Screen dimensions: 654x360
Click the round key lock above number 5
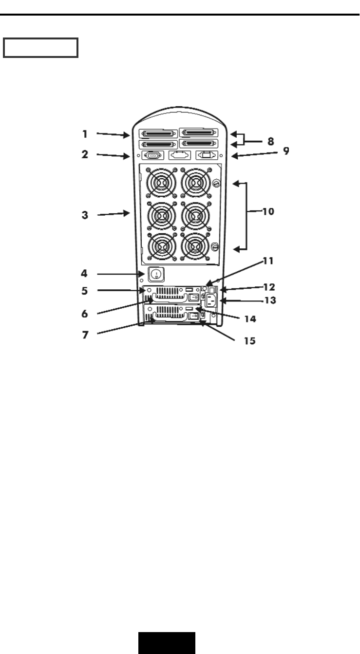pyautogui.click(x=154, y=274)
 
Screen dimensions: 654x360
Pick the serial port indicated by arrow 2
pyautogui.click(x=152, y=156)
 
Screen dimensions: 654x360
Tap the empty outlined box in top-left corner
pyautogui.click(x=40, y=48)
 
